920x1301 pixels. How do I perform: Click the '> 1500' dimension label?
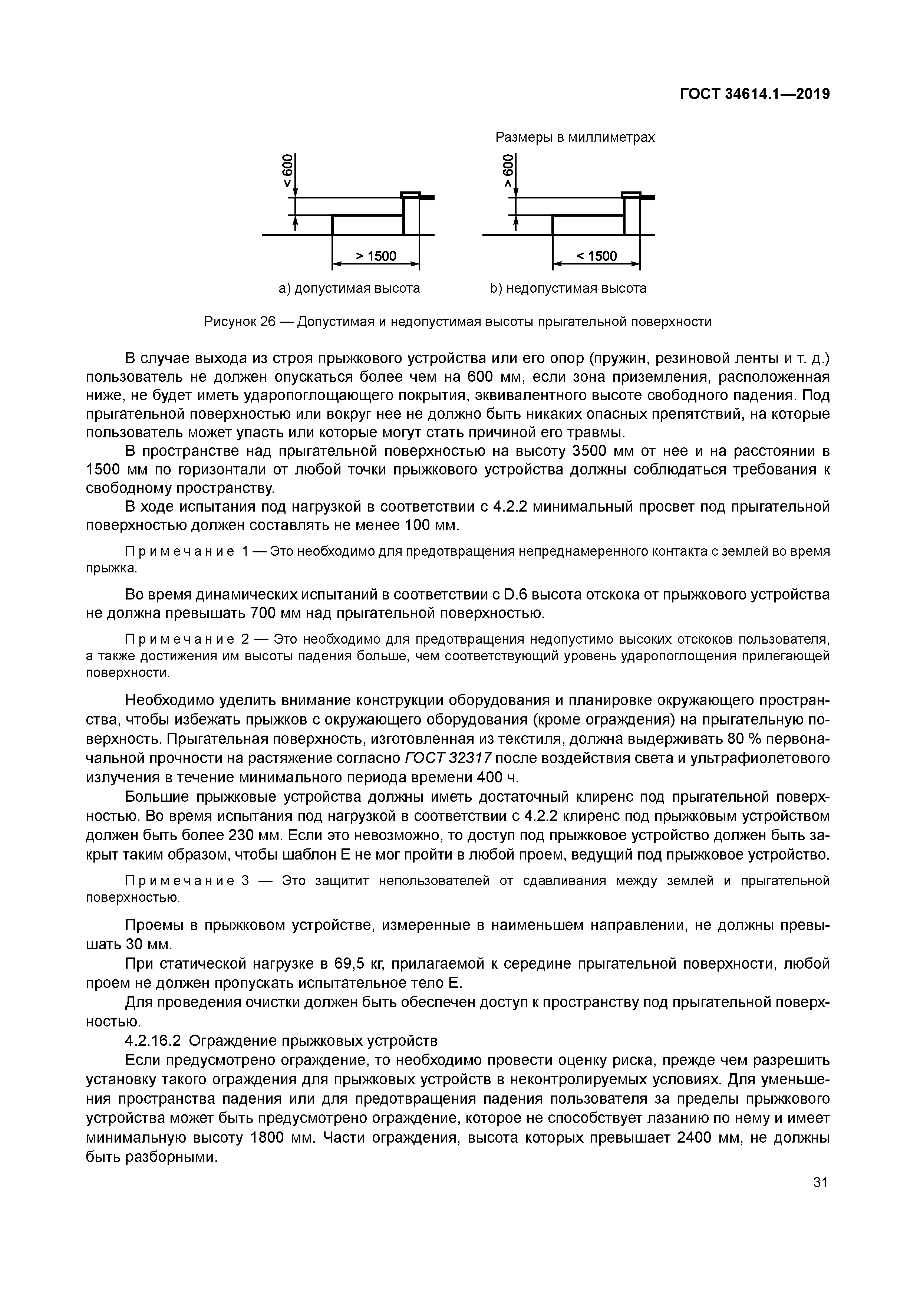coord(376,256)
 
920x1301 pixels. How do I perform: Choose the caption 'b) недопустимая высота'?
coord(568,288)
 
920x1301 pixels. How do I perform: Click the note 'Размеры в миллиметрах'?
coord(575,137)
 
